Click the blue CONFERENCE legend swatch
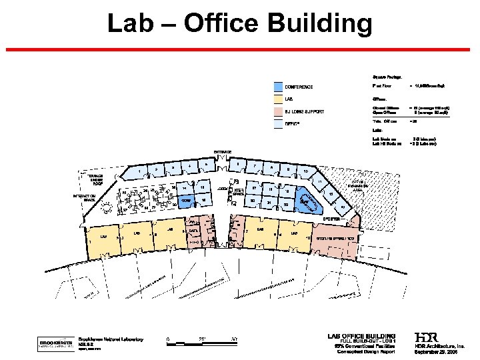click(278, 87)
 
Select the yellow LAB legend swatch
click(278, 99)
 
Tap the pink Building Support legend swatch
click(278, 111)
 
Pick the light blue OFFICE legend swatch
click(278, 123)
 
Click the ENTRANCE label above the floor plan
click(223, 152)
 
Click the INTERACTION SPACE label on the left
click(86, 198)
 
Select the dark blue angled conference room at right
click(308, 202)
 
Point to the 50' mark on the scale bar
click(234, 339)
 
